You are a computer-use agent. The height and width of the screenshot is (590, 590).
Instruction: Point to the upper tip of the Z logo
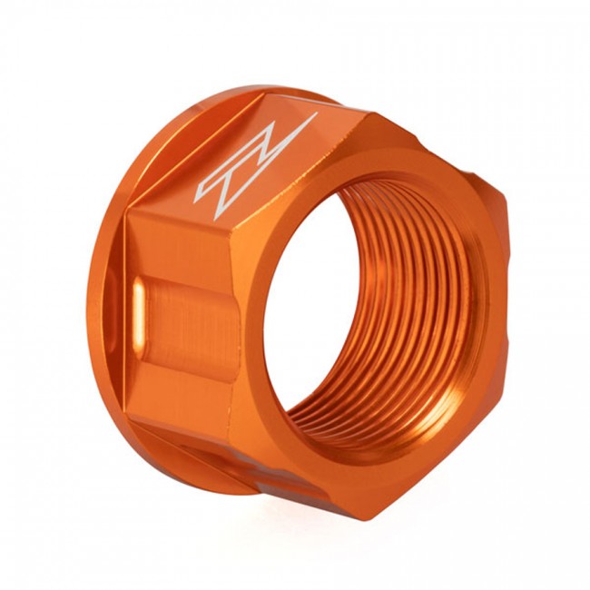point(314,115)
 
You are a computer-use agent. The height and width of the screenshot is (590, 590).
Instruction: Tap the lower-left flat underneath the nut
point(227,463)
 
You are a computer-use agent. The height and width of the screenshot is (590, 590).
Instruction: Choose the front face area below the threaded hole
point(363,472)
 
